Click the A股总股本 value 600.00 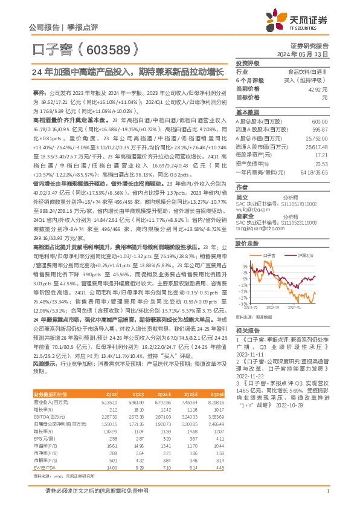click(319, 121)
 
